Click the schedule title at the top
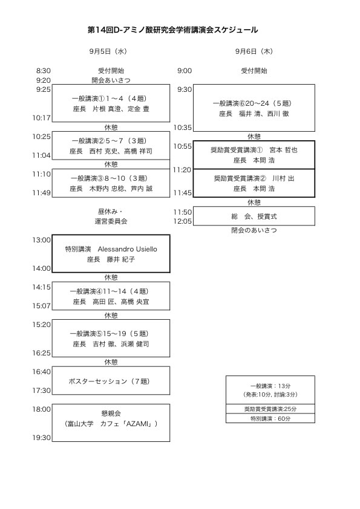pos(173,30)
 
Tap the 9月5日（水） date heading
pos(108,51)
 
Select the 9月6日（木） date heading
pos(254,51)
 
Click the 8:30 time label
pos(43,71)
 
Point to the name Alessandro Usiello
pos(128,249)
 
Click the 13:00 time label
pos(41,240)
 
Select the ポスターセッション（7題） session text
pos(109,381)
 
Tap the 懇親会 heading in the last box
pos(111,413)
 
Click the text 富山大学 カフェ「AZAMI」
pos(111,424)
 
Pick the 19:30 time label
pos(41,438)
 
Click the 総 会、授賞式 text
pos(254,216)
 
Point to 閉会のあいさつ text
pos(254,230)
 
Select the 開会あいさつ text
pos(111,80)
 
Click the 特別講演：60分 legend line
pos(270,419)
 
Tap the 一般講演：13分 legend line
pos(270,386)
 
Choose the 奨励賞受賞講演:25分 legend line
pos(270,409)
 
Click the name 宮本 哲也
pos(283,150)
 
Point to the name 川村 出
pos(283,178)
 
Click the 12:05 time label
pos(183,221)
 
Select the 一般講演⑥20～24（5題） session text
pos(252,103)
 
